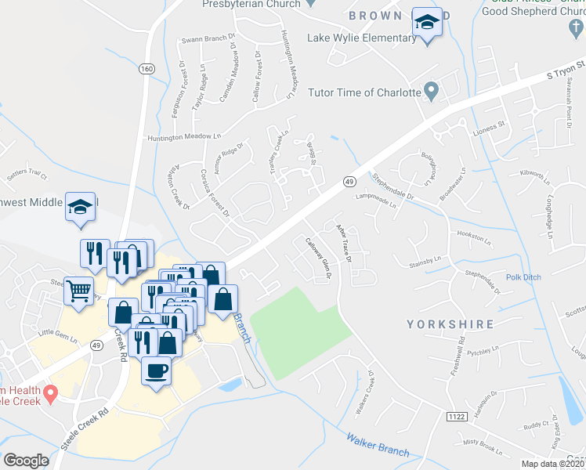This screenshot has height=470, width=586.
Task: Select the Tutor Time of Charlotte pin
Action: [x=430, y=92]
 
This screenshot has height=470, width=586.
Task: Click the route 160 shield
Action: [x=146, y=69]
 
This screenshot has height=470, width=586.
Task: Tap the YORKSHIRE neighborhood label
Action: [x=450, y=324]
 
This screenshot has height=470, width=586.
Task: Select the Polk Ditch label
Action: [x=523, y=277]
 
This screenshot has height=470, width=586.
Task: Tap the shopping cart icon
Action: [x=80, y=291]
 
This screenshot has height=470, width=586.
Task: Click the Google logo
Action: [x=26, y=461]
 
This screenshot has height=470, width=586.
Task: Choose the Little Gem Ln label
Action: [x=58, y=338]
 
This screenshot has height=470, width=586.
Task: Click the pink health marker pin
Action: [x=52, y=392]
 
